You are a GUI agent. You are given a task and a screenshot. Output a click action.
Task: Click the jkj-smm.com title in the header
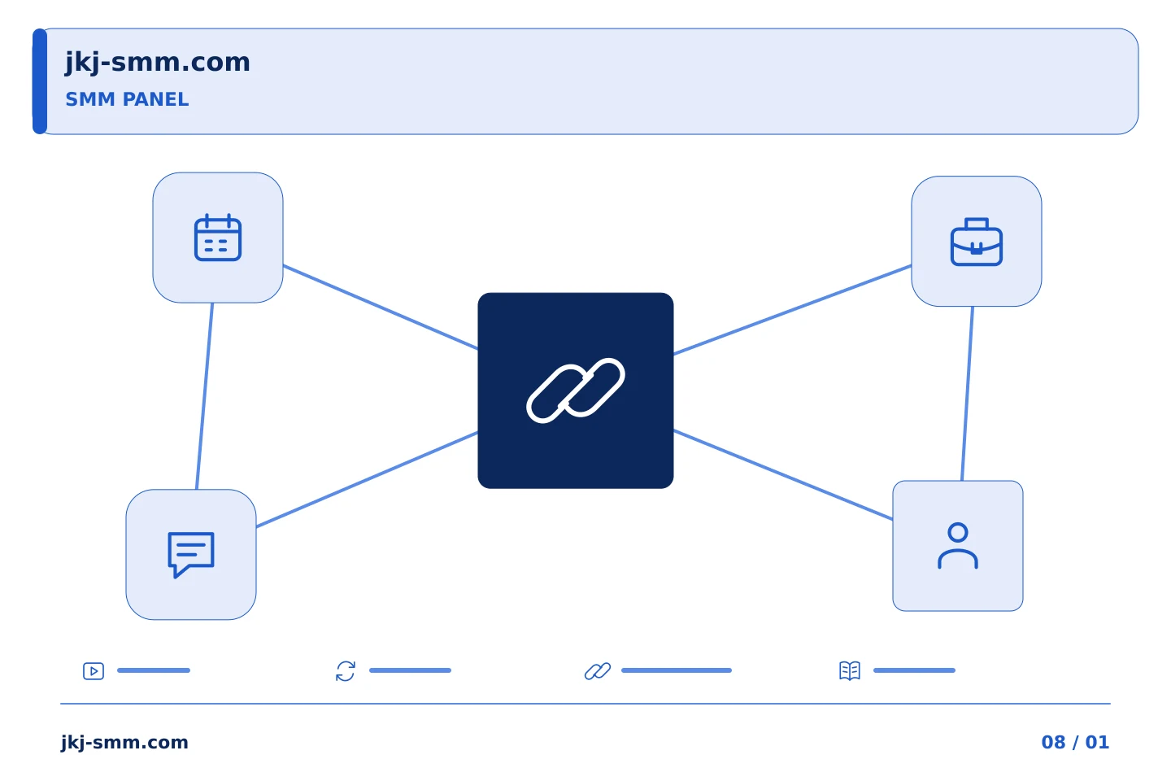point(158,63)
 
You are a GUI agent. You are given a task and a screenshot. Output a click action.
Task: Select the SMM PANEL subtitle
point(127,99)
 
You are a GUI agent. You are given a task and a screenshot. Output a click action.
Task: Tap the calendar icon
point(217,237)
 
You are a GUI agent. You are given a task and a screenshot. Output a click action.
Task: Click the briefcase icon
point(976,242)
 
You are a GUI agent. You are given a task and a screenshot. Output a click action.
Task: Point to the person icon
point(958,546)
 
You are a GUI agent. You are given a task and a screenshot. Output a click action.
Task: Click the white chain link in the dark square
point(576,390)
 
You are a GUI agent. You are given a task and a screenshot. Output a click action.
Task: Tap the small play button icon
point(94,670)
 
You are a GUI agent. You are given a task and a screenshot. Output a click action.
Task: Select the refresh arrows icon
point(346,670)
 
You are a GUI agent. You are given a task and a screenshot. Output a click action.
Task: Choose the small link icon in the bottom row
point(598,670)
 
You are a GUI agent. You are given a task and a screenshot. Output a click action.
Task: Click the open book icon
point(850,670)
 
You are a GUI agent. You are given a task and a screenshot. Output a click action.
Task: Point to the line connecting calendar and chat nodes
point(204,396)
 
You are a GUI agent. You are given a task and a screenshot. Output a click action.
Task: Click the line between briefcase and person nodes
point(967,394)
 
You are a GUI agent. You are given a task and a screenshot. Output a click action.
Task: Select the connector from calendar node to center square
point(380,307)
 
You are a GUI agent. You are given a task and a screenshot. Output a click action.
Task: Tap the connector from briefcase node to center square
point(792,310)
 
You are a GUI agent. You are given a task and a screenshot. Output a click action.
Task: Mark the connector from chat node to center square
point(367,479)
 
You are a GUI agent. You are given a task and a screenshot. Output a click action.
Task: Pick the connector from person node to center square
point(782,475)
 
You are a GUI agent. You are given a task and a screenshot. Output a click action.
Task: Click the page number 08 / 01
point(1075,742)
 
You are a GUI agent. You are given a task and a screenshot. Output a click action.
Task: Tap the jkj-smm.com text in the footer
point(124,743)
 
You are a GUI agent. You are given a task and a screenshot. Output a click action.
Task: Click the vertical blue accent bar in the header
point(40,81)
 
